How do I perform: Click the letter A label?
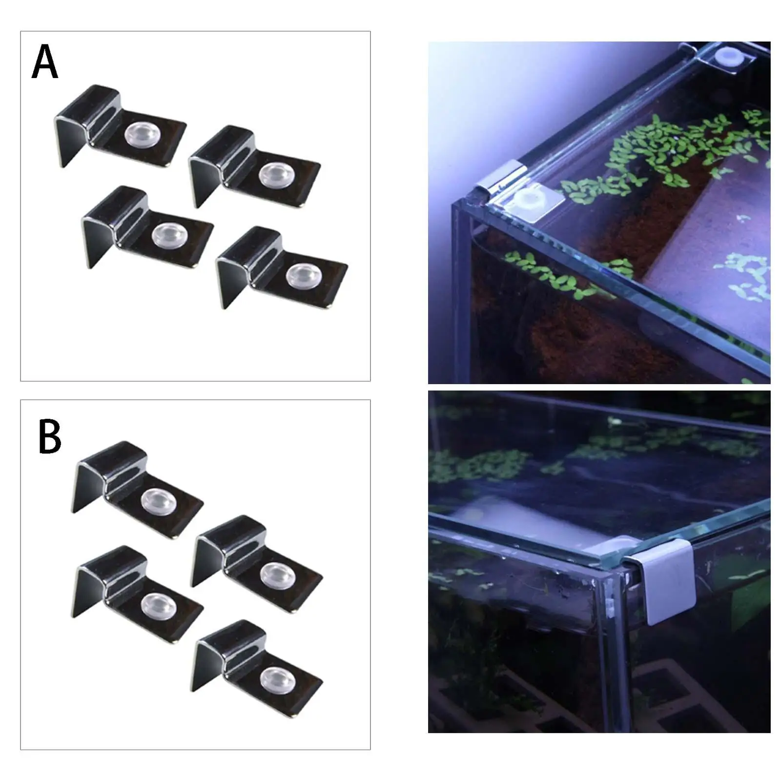click(x=45, y=62)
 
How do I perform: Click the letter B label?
click(x=49, y=437)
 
